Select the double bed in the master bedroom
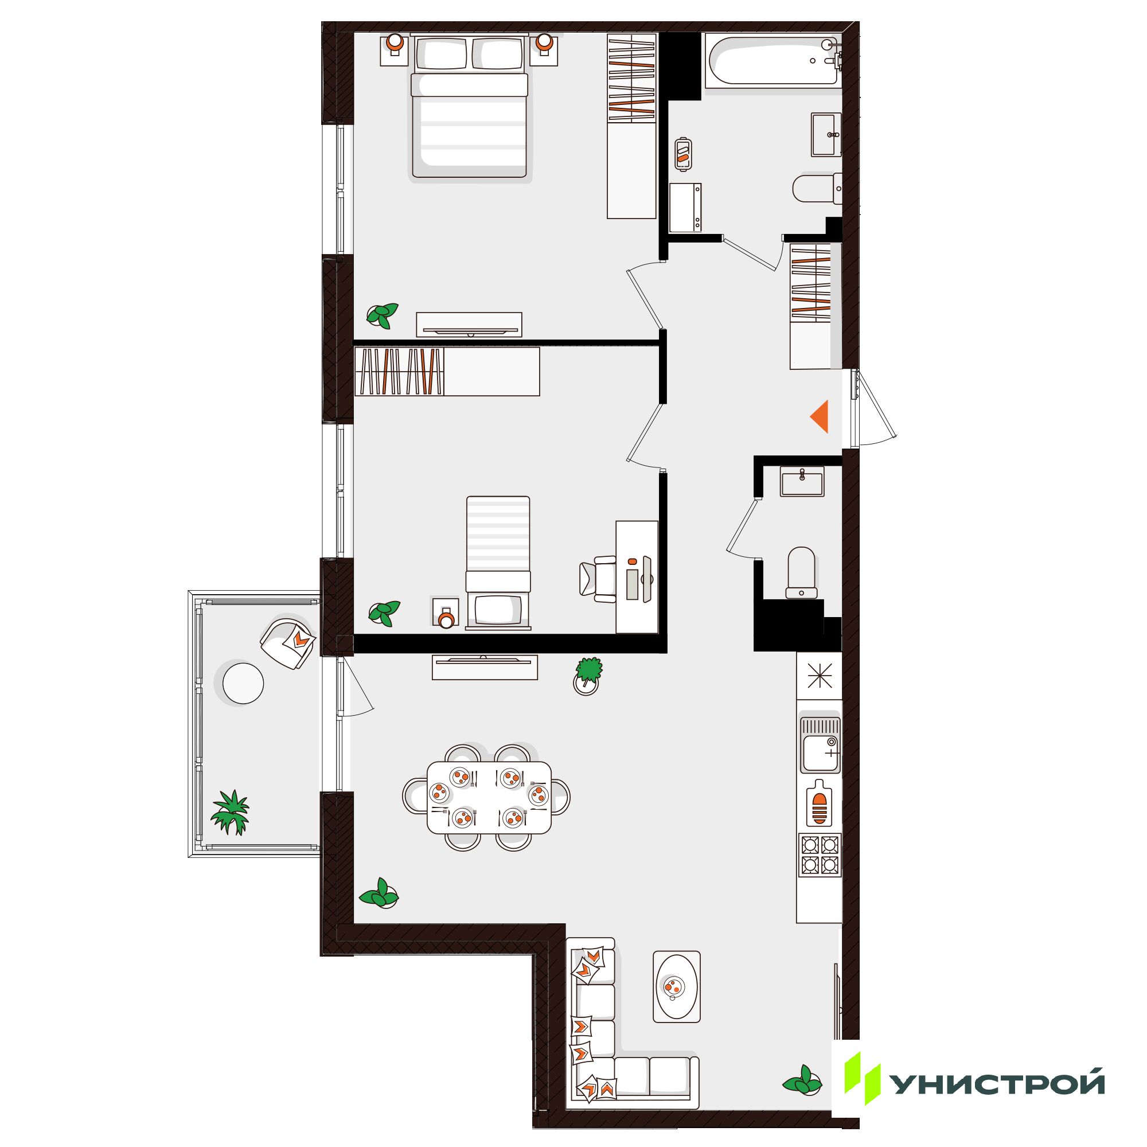(469, 106)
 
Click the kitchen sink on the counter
(820, 745)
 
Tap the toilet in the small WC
(800, 572)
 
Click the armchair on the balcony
(288, 643)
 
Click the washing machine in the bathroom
(685, 208)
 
